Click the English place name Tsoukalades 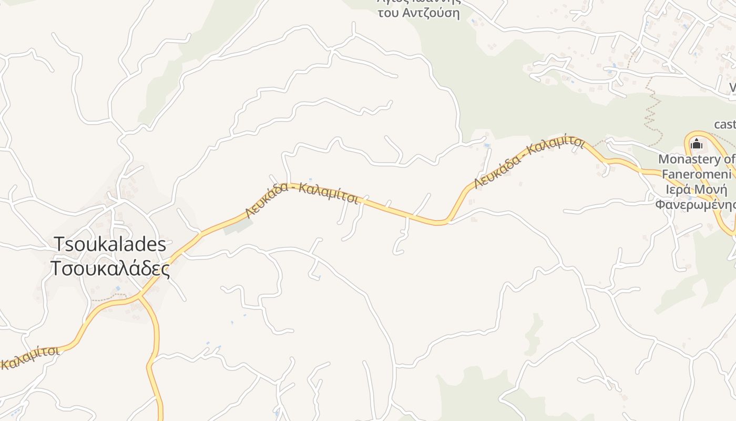(110, 244)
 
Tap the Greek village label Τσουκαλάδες (110, 269)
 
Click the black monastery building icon (697, 143)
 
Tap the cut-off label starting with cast (725, 125)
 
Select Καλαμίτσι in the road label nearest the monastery (556, 145)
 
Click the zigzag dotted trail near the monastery (652, 113)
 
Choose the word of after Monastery (730, 159)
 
